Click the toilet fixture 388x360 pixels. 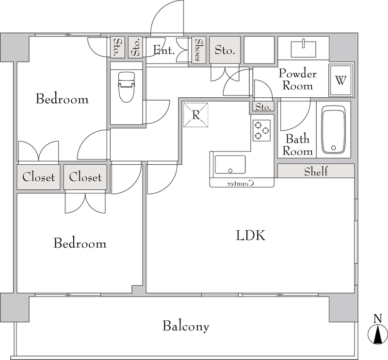point(127,87)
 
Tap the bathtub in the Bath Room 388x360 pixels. point(333,130)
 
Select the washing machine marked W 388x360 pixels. point(340,80)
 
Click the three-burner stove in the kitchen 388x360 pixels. point(261,130)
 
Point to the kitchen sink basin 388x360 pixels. point(230,165)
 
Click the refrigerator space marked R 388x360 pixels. point(195,115)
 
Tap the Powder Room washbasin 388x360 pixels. point(304,49)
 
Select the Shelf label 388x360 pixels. point(316,171)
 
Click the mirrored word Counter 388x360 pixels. point(241,183)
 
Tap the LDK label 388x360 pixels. point(250,235)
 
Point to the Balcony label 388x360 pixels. point(186,326)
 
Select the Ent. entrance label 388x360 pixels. point(164,50)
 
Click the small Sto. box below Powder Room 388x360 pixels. point(263,107)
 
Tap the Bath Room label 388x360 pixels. point(297,145)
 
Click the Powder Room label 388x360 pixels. point(298,79)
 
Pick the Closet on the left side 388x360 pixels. point(39,177)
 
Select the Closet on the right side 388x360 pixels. point(85,177)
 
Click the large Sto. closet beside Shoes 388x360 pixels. point(225,50)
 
